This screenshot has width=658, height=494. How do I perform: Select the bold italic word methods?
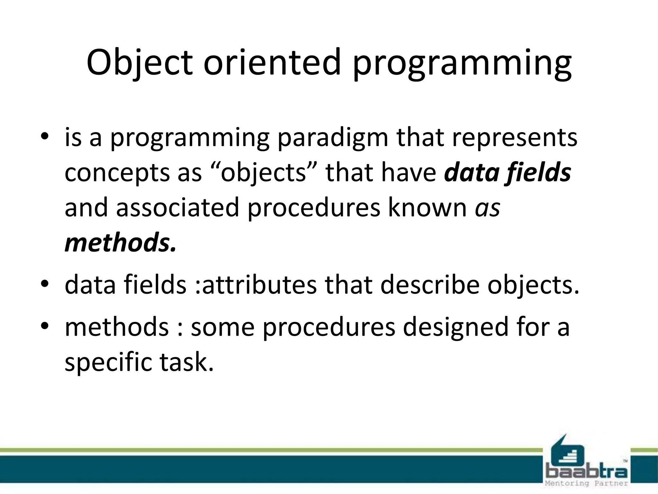click(120, 242)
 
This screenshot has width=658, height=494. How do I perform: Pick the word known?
click(427, 207)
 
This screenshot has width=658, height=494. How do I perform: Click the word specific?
click(108, 363)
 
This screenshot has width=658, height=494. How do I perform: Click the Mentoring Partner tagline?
click(587, 484)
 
